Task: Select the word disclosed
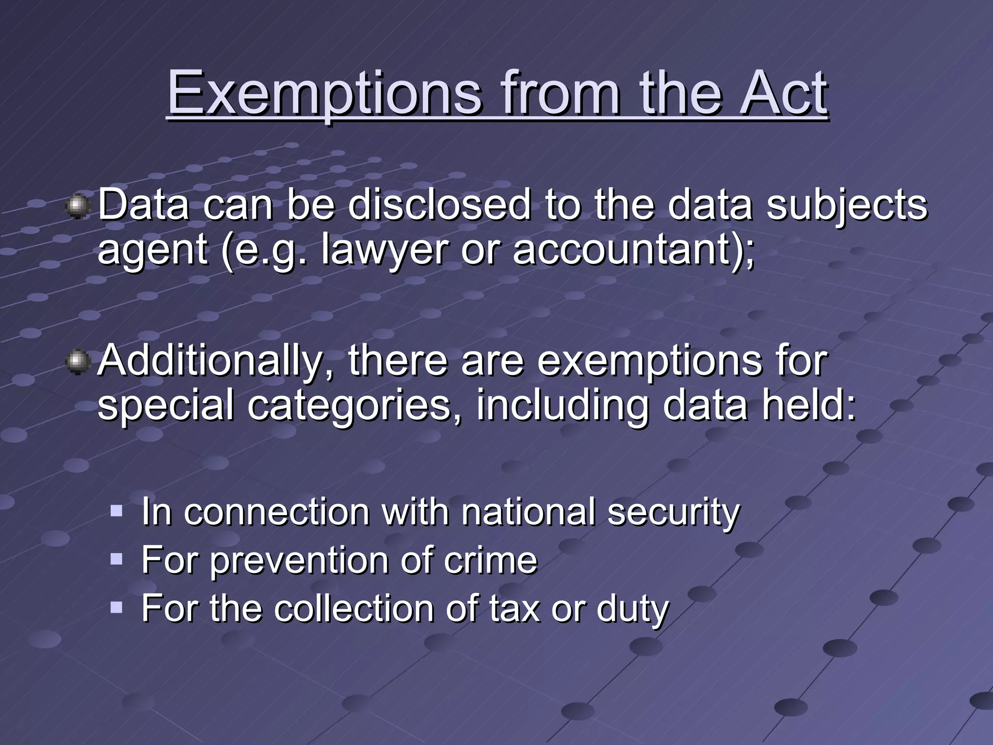(x=439, y=205)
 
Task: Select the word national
(x=528, y=512)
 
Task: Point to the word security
(x=673, y=513)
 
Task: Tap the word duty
(x=632, y=609)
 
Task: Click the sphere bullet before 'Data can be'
(x=77, y=206)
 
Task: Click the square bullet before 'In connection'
(x=116, y=511)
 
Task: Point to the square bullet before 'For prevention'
(x=116, y=560)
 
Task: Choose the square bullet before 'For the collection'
(x=116, y=607)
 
